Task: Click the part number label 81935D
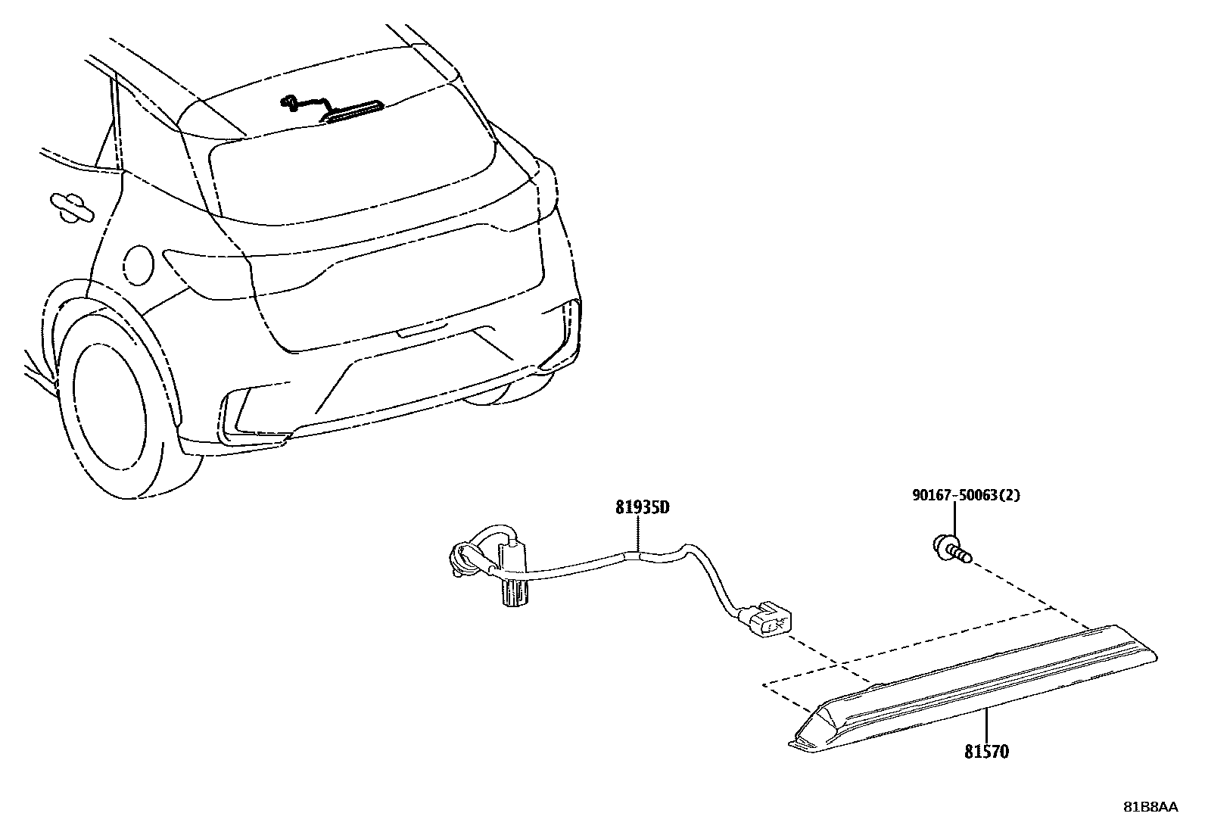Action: pos(641,508)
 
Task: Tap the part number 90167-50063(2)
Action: pos(965,496)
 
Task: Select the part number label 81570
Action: pos(986,752)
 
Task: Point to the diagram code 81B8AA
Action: pos(1150,807)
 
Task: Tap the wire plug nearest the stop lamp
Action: pos(768,616)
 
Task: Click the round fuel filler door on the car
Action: pos(137,265)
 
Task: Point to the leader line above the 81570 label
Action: pos(986,727)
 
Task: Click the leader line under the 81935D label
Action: pos(639,534)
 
